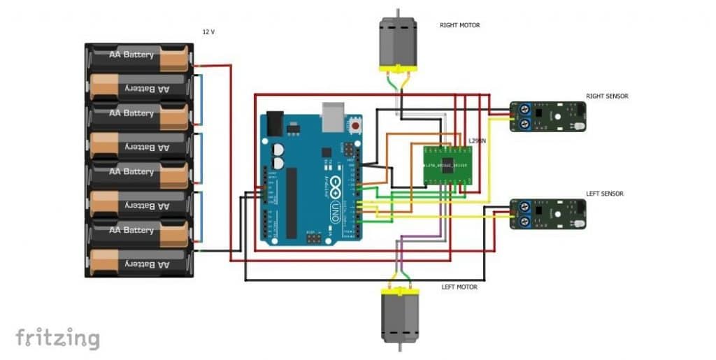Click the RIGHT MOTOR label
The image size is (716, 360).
[x=459, y=25]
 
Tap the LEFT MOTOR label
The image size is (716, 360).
[x=459, y=287]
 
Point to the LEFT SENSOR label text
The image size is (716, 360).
[x=604, y=194]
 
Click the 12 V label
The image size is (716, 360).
[x=209, y=32]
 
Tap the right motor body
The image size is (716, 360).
[x=398, y=42]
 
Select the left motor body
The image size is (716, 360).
[x=398, y=318]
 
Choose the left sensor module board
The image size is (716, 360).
[x=548, y=214]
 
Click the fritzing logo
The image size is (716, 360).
[x=57, y=338]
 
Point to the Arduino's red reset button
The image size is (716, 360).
[x=355, y=127]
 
